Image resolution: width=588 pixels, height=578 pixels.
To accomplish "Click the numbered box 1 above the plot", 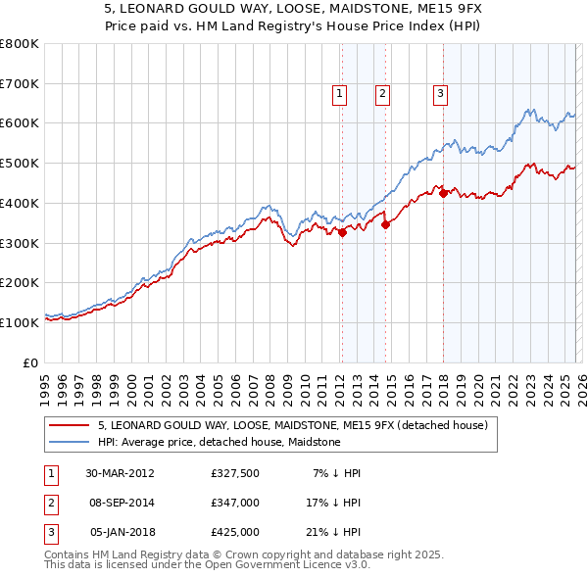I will [339, 94].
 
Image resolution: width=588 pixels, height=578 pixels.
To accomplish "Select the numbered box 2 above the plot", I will [381, 94].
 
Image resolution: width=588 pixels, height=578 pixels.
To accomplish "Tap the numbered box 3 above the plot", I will [440, 94].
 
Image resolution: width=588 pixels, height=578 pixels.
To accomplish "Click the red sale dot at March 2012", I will [342, 232].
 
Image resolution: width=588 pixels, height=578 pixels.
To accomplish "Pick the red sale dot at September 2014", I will [385, 224].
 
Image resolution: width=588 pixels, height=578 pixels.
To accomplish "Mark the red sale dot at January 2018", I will [443, 193].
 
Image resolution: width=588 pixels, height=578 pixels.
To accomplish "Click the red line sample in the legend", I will [69, 426].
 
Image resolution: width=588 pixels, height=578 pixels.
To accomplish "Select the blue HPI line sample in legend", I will [69, 442].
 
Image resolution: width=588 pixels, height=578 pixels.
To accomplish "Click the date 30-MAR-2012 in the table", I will [120, 473].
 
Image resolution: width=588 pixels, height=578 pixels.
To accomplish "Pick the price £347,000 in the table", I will [235, 503].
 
